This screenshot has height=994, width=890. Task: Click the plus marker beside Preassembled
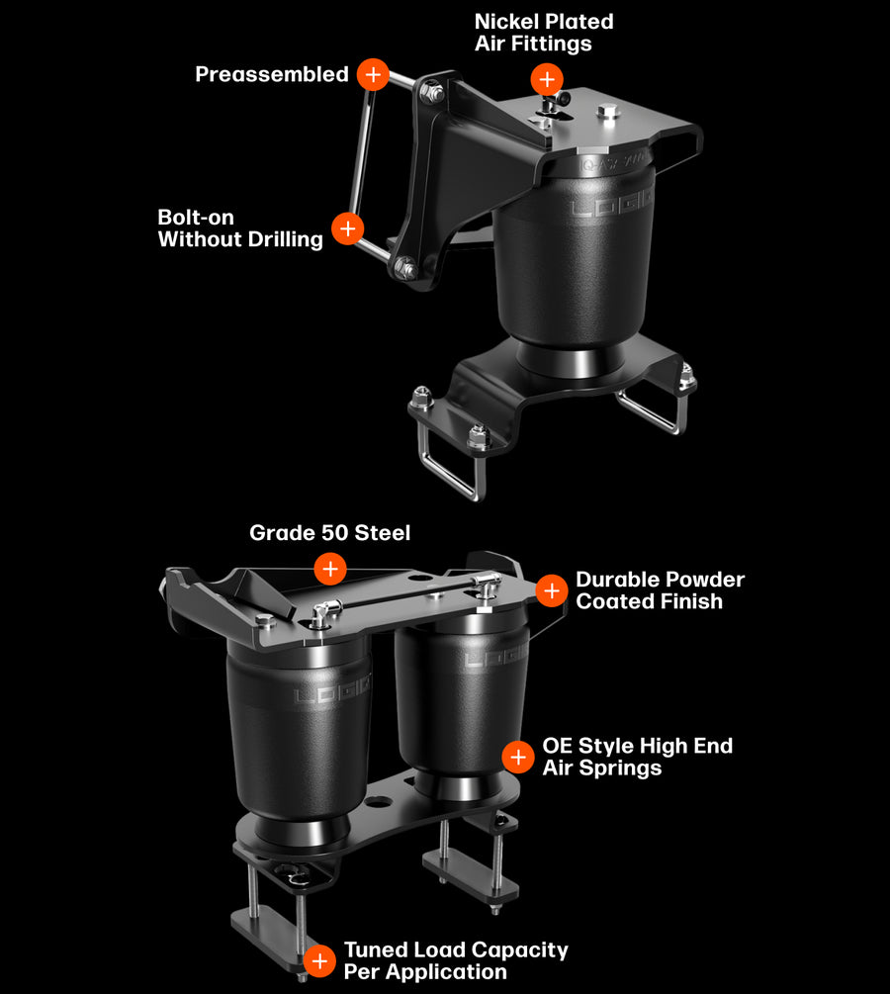point(373,74)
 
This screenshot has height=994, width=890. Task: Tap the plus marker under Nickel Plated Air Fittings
point(547,79)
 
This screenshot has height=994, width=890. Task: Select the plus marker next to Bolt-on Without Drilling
point(347,228)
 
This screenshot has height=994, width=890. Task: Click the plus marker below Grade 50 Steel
point(330,568)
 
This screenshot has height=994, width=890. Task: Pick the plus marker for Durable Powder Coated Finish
point(552,590)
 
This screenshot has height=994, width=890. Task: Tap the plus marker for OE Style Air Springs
point(518,757)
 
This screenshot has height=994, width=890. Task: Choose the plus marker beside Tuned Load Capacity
point(319,960)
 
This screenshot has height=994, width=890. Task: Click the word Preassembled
point(272,74)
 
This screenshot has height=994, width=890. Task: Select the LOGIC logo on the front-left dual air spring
point(332,689)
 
